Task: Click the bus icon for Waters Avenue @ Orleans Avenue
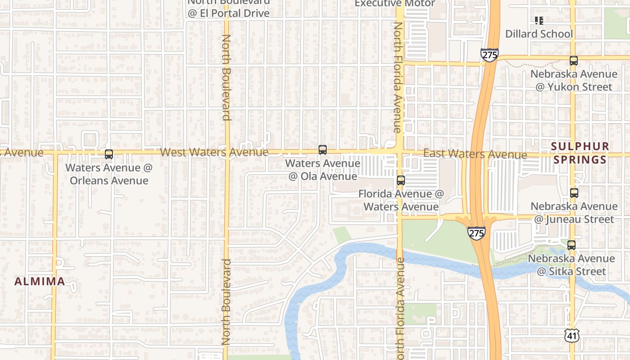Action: pos(109,154)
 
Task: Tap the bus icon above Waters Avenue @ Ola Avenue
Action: pos(322,150)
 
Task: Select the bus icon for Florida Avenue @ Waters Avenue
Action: pos(400,180)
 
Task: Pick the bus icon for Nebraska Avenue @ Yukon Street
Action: pos(573,61)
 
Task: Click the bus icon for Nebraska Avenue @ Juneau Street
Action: pos(574,193)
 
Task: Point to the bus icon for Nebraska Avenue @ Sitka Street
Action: pos(571,245)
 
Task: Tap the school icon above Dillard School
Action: pos(539,20)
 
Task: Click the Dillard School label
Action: pos(539,34)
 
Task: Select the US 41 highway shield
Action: pos(571,334)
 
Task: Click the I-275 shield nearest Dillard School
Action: pos(489,55)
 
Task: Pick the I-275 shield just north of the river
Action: pos(476,233)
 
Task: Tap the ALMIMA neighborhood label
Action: pos(40,282)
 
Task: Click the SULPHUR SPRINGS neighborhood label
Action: pos(580,153)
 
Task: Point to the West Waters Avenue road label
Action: pos(214,152)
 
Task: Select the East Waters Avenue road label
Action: pos(475,154)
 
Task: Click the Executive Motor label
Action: pos(395,4)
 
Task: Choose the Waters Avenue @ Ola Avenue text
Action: pos(323,170)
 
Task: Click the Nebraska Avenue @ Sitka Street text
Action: pos(571,265)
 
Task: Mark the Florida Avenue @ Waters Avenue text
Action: pos(401,200)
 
